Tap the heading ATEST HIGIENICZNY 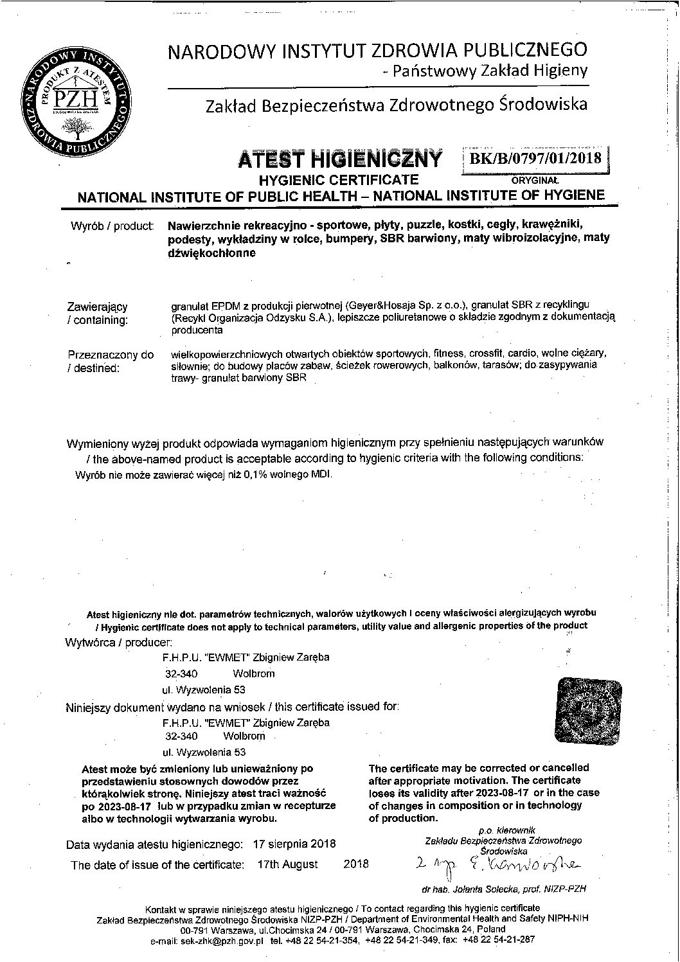point(340,158)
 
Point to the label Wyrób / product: point(111,226)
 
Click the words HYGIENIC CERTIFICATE point(338,179)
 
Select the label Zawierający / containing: point(98,314)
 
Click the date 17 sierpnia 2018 point(294,844)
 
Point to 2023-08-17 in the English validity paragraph point(503,792)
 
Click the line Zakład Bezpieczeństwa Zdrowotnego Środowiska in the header point(396,105)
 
